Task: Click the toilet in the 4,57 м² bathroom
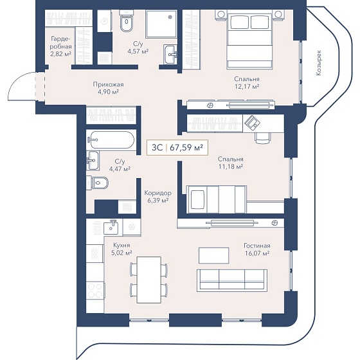pyautogui.click(x=126, y=22)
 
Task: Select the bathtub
pyautogui.click(x=111, y=140)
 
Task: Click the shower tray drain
pyautogui.click(x=170, y=17)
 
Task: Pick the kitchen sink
pyautogui.click(x=111, y=227)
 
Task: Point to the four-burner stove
pyautogui.click(x=95, y=291)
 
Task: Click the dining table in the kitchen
pyautogui.click(x=148, y=280)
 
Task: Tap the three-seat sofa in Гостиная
pyautogui.click(x=232, y=280)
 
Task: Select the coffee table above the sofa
pyautogui.click(x=213, y=256)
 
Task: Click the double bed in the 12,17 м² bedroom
pyautogui.click(x=249, y=40)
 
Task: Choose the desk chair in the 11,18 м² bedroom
pyautogui.click(x=263, y=138)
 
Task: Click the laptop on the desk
pyautogui.click(x=252, y=123)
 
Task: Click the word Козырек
pyautogui.click(x=318, y=63)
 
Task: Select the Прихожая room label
pyautogui.click(x=109, y=84)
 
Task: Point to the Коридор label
pyautogui.click(x=157, y=193)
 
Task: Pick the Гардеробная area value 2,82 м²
pyautogui.click(x=60, y=54)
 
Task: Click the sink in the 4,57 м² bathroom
pyautogui.click(x=170, y=54)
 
